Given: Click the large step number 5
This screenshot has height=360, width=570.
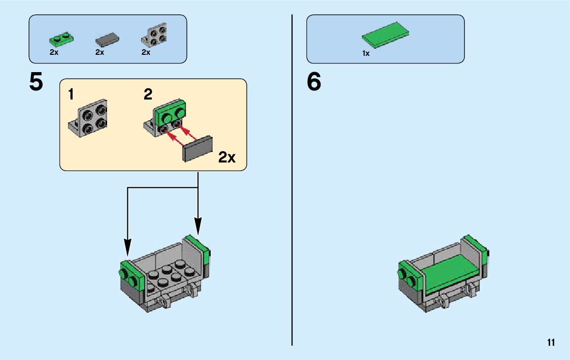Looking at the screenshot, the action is tap(36, 82).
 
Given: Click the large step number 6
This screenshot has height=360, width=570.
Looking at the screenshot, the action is tap(314, 82).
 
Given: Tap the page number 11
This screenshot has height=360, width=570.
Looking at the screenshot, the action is tap(551, 343).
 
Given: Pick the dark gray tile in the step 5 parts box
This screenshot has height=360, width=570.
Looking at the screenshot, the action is tap(107, 39).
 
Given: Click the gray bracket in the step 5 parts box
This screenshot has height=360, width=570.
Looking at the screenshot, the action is tap(155, 36).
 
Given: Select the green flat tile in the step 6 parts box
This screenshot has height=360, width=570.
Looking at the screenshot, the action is tap(385, 34).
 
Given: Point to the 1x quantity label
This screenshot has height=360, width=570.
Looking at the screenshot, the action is tap(366, 53).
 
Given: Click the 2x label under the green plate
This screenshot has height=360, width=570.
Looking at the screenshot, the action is tap(54, 52).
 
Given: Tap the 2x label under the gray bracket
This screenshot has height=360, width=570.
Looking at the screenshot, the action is tap(146, 52).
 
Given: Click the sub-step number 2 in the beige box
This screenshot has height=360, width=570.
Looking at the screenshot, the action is tap(148, 94).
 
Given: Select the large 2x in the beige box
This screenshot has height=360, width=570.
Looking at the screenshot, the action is tap(227, 157).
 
